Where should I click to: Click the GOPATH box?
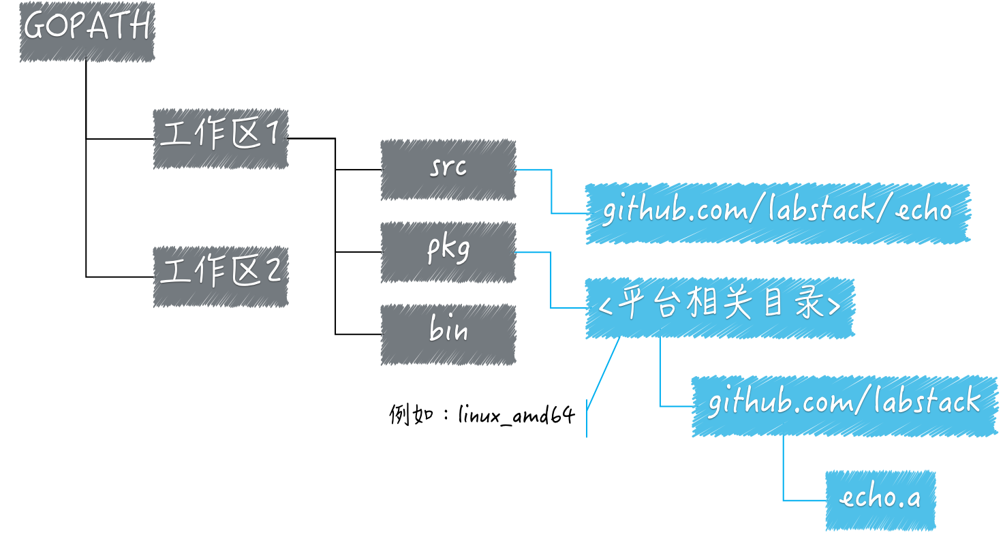point(87,31)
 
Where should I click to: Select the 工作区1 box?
point(220,138)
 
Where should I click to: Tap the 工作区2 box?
point(220,276)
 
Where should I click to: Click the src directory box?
point(448,170)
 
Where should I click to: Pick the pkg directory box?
point(448,252)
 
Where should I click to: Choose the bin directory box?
point(448,334)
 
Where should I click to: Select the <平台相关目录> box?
point(719,308)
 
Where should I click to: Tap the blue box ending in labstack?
point(844,405)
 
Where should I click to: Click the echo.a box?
point(880,500)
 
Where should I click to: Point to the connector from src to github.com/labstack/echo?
point(551,192)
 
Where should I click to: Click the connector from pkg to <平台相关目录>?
point(551,281)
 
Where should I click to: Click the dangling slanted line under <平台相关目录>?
point(604,375)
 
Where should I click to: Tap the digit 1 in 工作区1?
point(273,136)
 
